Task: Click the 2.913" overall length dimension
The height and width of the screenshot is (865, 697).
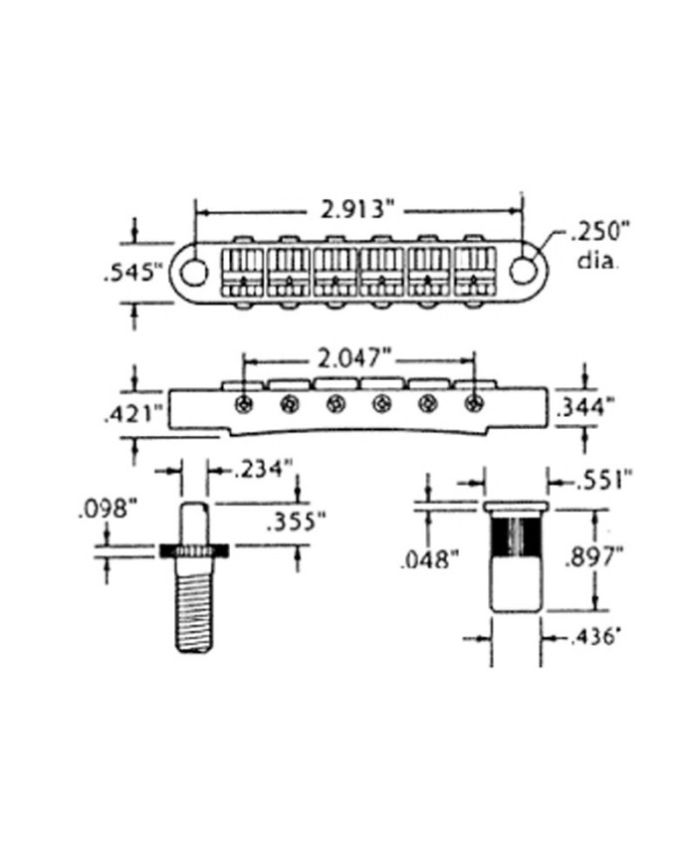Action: [x=351, y=210]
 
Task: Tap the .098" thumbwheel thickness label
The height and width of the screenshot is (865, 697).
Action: [x=108, y=510]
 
